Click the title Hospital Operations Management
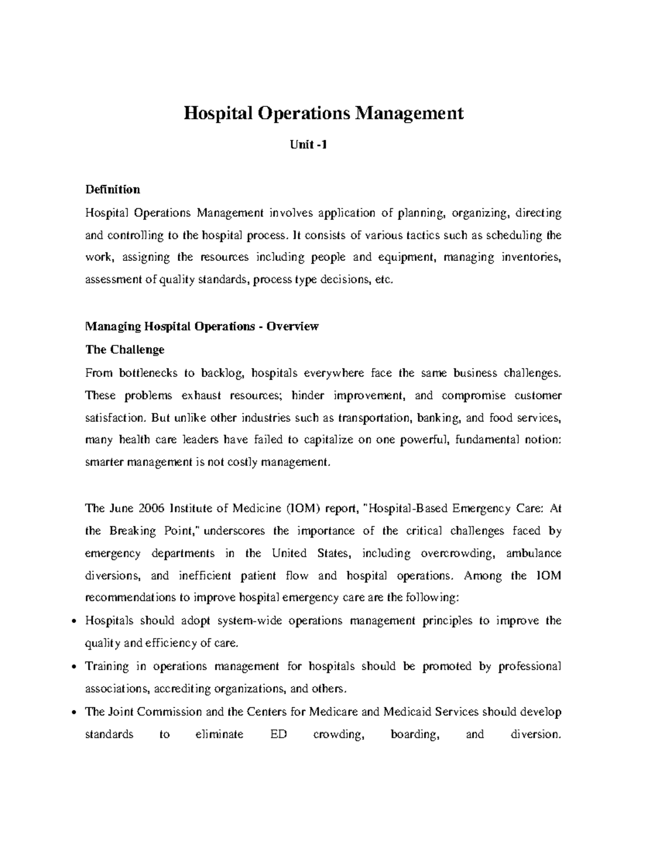click(x=324, y=113)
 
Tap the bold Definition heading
click(x=112, y=190)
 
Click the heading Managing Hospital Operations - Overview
click(x=202, y=327)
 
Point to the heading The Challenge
click(x=124, y=349)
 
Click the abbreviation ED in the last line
click(x=279, y=734)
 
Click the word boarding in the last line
click(x=415, y=734)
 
